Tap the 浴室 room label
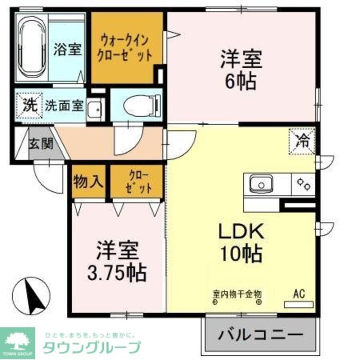click(67, 49)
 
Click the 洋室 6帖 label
click(240, 70)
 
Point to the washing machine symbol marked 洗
click(31, 105)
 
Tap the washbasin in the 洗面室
click(95, 107)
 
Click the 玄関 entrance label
click(41, 144)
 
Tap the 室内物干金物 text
click(237, 294)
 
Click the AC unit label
click(299, 294)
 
